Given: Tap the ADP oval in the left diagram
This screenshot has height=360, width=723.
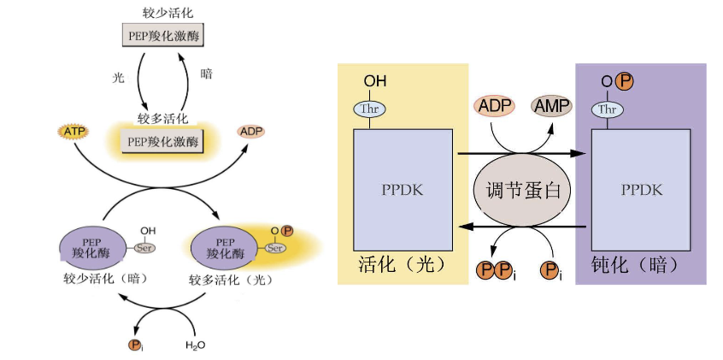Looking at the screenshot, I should (251, 132).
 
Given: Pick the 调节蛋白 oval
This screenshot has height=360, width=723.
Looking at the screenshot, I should (522, 190).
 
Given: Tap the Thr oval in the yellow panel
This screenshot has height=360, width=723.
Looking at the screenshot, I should (370, 109).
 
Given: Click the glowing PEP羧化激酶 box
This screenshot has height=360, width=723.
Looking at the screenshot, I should (162, 141).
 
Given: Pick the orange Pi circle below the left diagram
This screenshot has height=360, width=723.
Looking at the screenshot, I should (135, 345).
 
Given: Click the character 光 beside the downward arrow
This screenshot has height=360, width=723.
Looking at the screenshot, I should (119, 78).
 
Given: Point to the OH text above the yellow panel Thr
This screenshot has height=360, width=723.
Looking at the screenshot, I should (375, 81).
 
